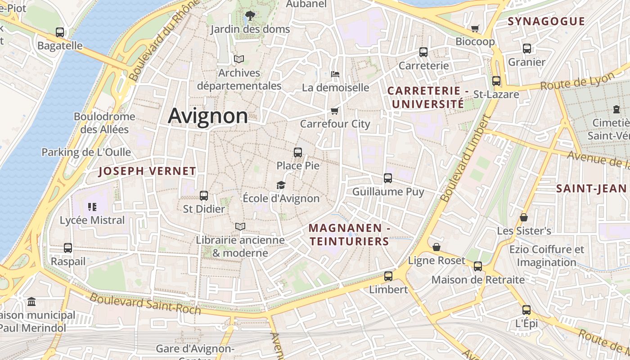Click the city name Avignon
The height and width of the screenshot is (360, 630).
pyautogui.click(x=208, y=116)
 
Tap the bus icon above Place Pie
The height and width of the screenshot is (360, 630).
pyautogui.click(x=297, y=153)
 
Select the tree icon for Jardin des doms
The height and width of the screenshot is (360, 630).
pyautogui.click(x=250, y=16)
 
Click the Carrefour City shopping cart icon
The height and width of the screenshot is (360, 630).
pyautogui.click(x=334, y=111)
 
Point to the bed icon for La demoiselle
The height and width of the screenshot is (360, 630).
pyautogui.click(x=335, y=74)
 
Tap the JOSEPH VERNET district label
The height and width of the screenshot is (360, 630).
pyautogui.click(x=147, y=171)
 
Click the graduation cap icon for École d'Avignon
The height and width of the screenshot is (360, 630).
pyautogui.click(x=281, y=185)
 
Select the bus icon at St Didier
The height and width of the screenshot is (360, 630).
pyautogui.click(x=204, y=196)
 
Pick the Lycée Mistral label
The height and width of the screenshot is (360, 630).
pyautogui.click(x=92, y=220)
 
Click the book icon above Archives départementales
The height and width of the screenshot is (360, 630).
pyautogui.click(x=239, y=59)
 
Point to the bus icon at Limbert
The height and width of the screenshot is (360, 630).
pyautogui.click(x=388, y=276)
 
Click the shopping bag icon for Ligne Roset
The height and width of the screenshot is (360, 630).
pyautogui.click(x=436, y=247)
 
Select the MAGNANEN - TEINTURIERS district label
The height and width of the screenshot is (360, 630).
pyautogui.click(x=349, y=235)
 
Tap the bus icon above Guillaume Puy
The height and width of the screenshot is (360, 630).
pyautogui.click(x=388, y=178)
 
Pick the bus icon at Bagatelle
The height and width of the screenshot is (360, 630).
pyautogui.click(x=60, y=32)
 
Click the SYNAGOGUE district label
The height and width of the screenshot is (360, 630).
pyautogui.click(x=546, y=21)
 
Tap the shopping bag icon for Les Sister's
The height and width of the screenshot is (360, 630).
pyautogui.click(x=524, y=218)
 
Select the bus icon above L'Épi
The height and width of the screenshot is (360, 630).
pyautogui.click(x=526, y=310)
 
